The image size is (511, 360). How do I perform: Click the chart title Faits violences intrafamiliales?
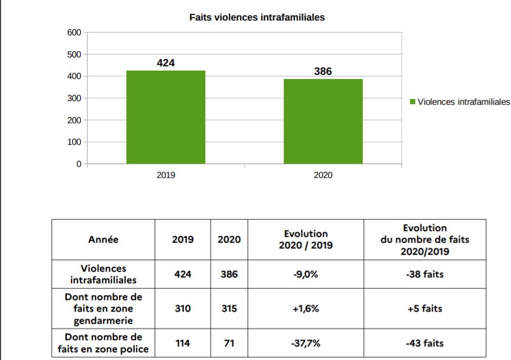click(257, 17)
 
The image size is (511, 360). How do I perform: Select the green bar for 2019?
click(166, 117)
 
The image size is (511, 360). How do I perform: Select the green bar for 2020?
click(323, 122)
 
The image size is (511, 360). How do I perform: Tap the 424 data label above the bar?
click(166, 63)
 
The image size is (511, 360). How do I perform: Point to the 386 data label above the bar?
click(323, 71)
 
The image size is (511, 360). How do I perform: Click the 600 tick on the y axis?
click(74, 33)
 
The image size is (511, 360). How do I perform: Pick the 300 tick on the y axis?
click(74, 98)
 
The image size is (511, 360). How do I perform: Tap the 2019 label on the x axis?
click(166, 176)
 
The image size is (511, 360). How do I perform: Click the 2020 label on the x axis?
click(323, 176)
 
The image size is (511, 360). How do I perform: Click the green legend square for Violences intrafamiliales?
click(413, 102)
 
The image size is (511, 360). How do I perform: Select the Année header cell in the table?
click(104, 239)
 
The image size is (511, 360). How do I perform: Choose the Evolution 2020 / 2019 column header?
click(306, 239)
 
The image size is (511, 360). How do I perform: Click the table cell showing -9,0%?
click(306, 274)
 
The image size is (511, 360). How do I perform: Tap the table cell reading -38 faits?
click(425, 274)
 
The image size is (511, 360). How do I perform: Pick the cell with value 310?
click(183, 309)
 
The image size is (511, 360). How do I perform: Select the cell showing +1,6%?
click(306, 309)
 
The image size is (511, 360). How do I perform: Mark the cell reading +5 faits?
click(425, 309)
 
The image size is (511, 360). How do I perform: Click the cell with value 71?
click(229, 344)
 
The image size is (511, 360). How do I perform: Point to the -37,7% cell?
click(306, 344)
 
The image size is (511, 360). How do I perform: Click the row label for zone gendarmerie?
click(104, 309)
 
